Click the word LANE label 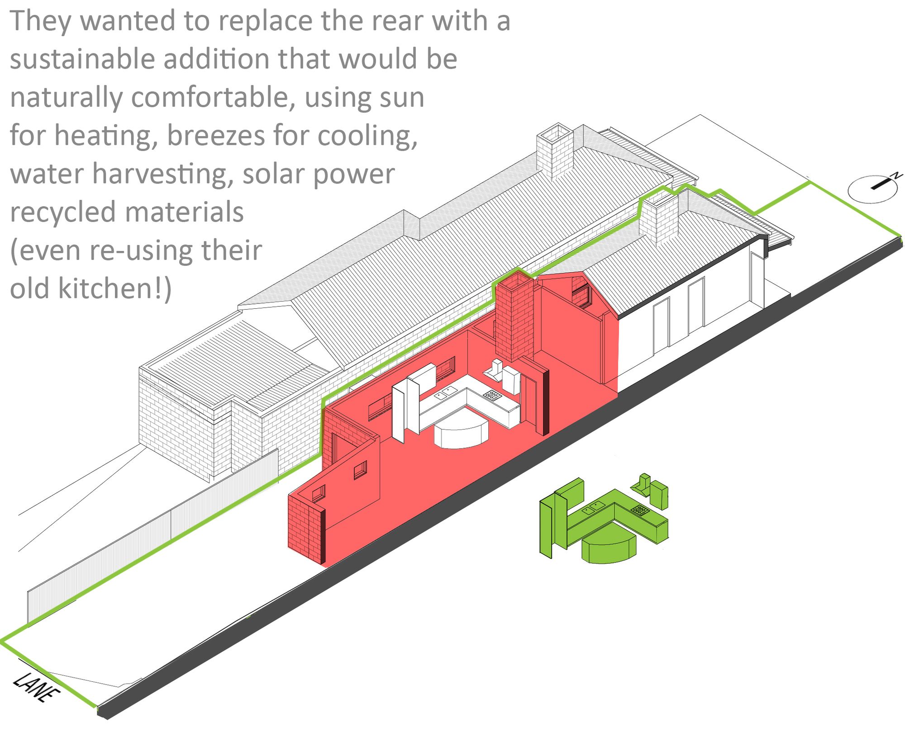point(36,688)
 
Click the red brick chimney point(515,316)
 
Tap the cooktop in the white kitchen point(492,395)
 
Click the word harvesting point(163,174)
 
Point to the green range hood point(642,484)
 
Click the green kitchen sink point(593,507)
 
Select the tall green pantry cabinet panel point(548,524)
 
